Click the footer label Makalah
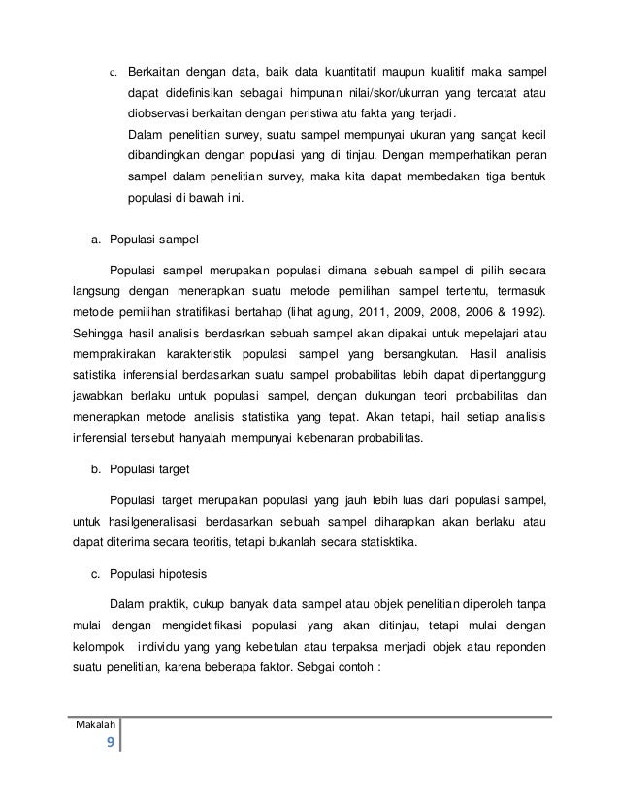click(95, 726)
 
